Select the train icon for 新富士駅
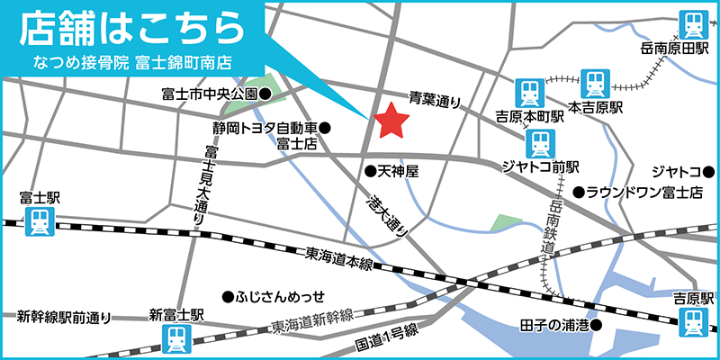click(175, 339)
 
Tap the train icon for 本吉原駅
click(595, 84)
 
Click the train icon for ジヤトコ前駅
click(539, 142)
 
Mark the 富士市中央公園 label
click(211, 93)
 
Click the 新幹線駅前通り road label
click(65, 317)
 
